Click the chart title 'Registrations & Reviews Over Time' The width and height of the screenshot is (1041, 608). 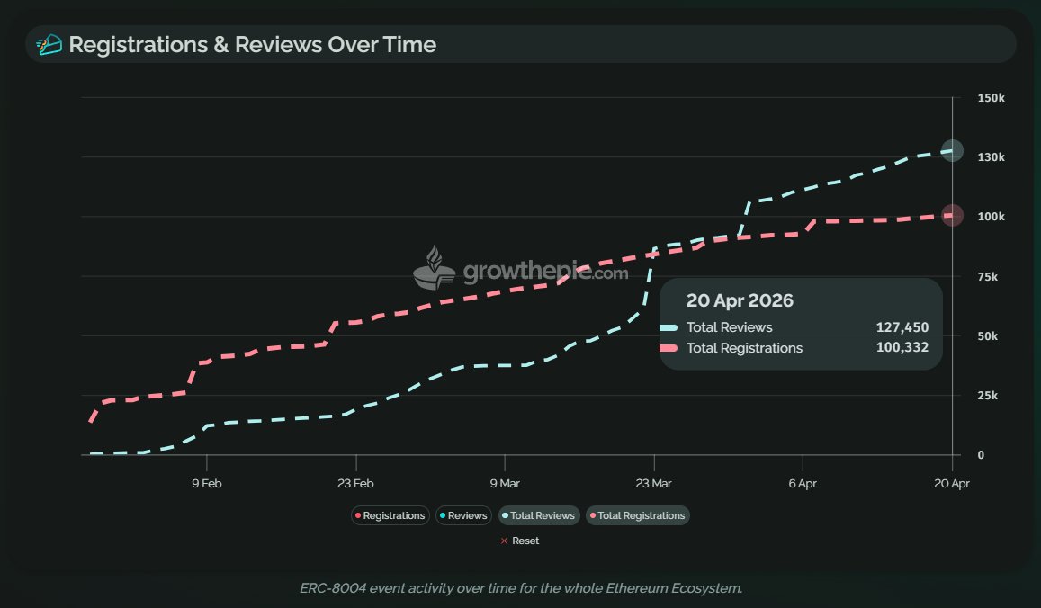tap(252, 44)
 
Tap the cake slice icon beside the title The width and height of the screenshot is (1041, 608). tap(49, 44)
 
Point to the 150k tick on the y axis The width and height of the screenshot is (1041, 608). tap(992, 98)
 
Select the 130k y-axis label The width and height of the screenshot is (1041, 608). tap(992, 157)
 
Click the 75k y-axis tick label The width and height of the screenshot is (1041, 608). tap(989, 276)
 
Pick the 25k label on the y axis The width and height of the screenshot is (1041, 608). tap(989, 396)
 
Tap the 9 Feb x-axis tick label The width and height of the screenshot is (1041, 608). tap(207, 483)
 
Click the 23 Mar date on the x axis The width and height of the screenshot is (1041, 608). tap(654, 483)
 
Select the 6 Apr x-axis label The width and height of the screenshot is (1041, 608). tap(803, 483)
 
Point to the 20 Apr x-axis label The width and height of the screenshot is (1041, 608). tap(952, 483)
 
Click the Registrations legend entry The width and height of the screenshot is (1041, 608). tap(390, 515)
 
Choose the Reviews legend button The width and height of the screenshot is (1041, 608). tap(463, 515)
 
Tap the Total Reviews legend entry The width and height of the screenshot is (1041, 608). tap(538, 515)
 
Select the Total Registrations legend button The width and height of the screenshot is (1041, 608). tap(637, 515)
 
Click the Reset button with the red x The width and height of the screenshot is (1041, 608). tap(520, 541)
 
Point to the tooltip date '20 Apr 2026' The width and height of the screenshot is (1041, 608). tap(740, 300)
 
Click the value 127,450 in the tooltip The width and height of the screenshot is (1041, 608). tap(902, 327)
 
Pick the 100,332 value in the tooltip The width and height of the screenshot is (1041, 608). tap(902, 348)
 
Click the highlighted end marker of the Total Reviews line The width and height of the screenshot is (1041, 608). tap(952, 151)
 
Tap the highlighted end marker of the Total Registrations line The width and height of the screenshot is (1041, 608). tap(952, 215)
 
